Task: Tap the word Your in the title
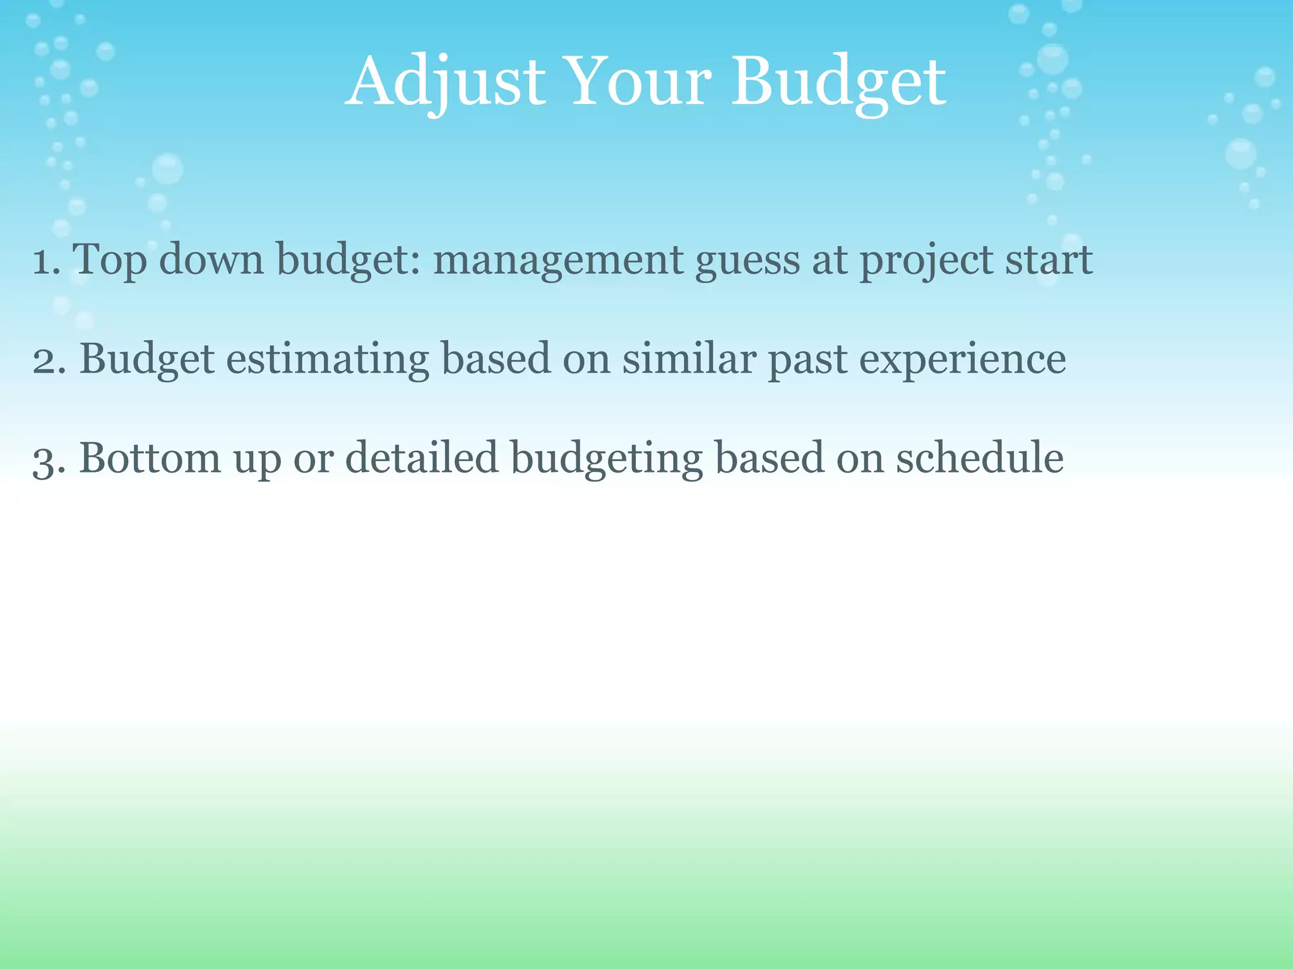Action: click(639, 82)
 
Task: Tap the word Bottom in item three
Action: click(150, 458)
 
